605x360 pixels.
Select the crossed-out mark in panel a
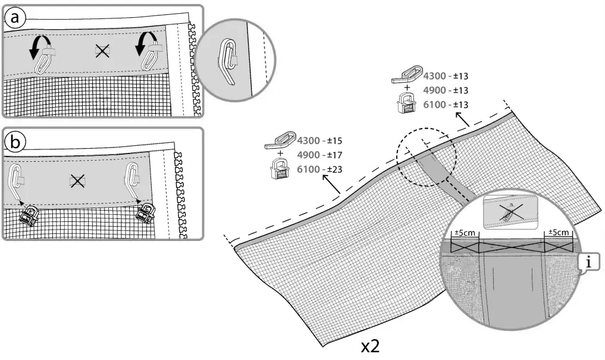coord(102,52)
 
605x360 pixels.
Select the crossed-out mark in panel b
coord(77,180)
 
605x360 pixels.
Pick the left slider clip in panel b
coord(27,214)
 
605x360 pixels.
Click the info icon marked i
coord(588,261)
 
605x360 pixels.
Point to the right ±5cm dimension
coord(559,232)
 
